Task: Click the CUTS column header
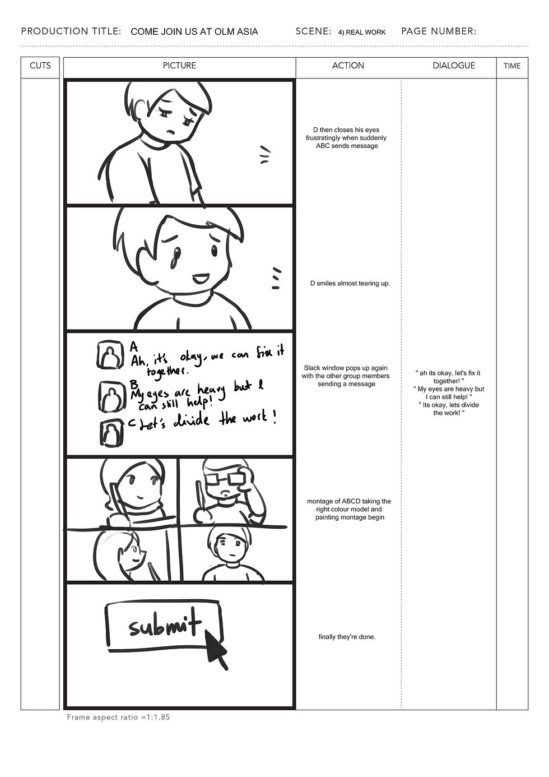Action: pyautogui.click(x=40, y=66)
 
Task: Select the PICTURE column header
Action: pyautogui.click(x=179, y=66)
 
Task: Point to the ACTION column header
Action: pyautogui.click(x=348, y=66)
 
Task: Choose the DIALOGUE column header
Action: pyautogui.click(x=453, y=66)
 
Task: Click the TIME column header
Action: pyautogui.click(x=512, y=66)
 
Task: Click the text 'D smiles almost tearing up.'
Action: pyautogui.click(x=350, y=284)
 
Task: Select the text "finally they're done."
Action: pyautogui.click(x=347, y=637)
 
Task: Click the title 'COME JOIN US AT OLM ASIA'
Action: pyautogui.click(x=194, y=32)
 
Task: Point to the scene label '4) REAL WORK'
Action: pyautogui.click(x=362, y=33)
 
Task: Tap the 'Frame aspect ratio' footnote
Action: pyautogui.click(x=118, y=717)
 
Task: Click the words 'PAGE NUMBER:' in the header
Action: pyautogui.click(x=439, y=31)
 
